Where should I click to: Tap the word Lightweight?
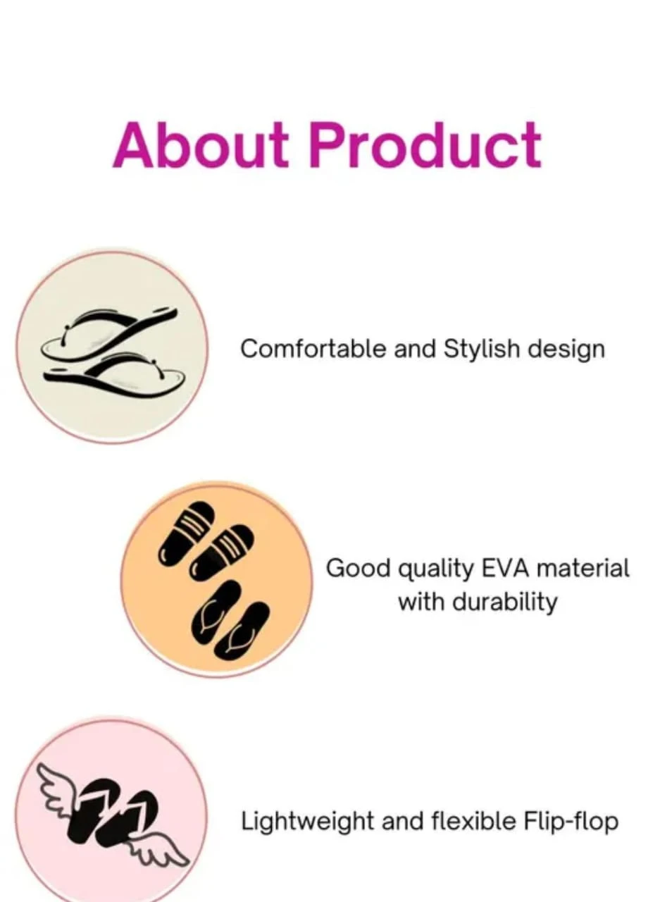pyautogui.click(x=307, y=822)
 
